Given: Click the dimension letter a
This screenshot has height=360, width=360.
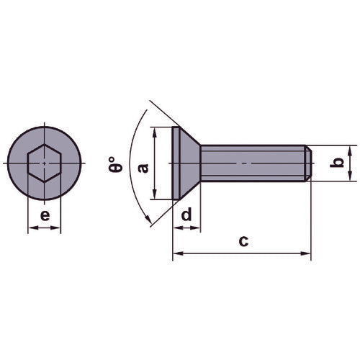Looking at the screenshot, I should tap(143, 167).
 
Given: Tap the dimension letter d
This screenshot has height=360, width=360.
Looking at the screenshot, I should tap(186, 215).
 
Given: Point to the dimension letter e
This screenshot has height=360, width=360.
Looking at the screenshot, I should tap(44, 215).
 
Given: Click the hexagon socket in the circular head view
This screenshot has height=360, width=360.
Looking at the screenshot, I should tap(43, 165).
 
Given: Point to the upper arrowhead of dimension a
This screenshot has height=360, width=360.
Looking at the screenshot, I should tap(156, 132).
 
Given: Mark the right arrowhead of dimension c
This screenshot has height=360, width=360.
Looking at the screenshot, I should tap(307, 253).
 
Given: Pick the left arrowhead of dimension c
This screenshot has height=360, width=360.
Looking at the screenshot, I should tap(176, 253).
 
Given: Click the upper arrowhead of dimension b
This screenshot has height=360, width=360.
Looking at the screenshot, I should tap(350, 149).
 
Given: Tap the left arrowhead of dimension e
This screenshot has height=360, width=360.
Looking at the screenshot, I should tap(30, 229).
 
